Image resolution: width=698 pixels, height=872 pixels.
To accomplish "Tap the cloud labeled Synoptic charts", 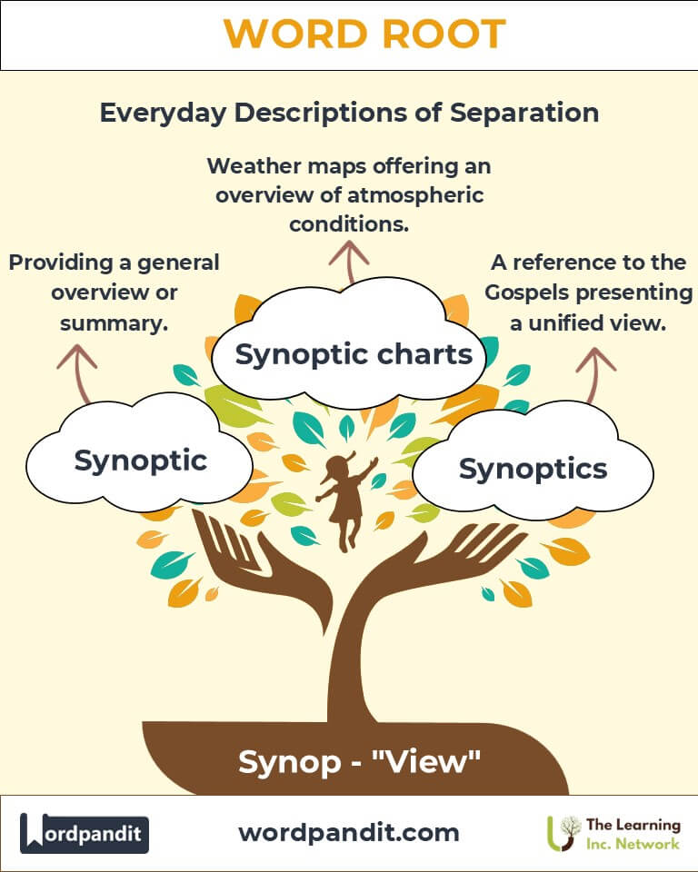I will tap(354, 354).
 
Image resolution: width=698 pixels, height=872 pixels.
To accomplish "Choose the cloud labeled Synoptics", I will tap(533, 469).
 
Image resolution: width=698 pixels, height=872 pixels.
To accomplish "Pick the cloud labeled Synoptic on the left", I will tap(140, 461).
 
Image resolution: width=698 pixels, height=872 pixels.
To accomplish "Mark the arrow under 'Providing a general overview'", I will tap(77, 372).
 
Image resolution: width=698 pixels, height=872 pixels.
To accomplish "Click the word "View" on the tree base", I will tap(431, 761).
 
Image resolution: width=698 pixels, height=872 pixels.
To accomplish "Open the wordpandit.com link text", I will tap(348, 832).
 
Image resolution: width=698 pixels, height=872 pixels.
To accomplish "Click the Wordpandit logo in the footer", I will tap(85, 833).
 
